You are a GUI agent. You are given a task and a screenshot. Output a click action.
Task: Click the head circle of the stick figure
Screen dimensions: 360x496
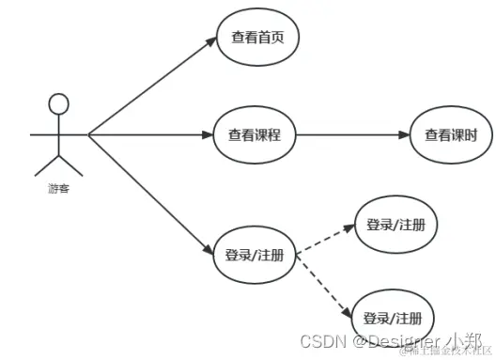58,104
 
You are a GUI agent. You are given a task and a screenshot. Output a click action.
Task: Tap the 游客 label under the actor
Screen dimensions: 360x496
58,188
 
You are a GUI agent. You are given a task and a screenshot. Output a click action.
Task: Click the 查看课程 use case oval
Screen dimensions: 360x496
254,135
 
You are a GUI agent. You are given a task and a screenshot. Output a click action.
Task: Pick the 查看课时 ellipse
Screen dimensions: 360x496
450,135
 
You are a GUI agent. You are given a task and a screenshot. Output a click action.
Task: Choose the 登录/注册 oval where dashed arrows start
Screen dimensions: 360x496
255,254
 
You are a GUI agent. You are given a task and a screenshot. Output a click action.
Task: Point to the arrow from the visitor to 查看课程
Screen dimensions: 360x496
150,135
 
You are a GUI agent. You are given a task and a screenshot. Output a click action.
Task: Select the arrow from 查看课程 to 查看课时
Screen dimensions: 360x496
352,135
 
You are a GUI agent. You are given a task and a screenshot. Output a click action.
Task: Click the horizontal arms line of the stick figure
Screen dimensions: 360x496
58,135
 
